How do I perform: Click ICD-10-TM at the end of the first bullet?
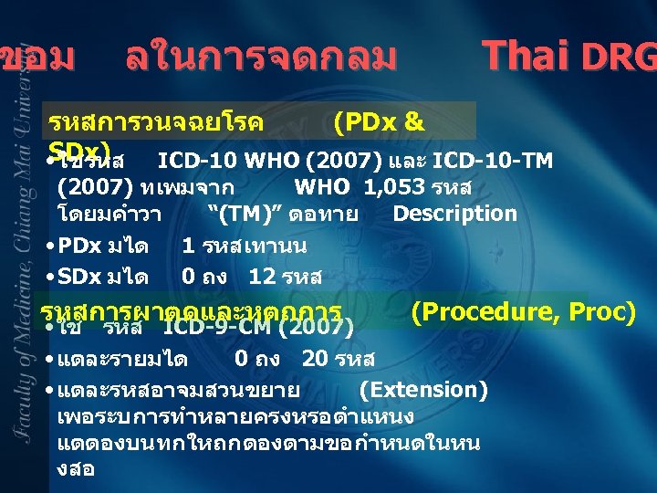point(493,162)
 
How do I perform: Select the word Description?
point(454,214)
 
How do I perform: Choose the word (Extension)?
point(423,390)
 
